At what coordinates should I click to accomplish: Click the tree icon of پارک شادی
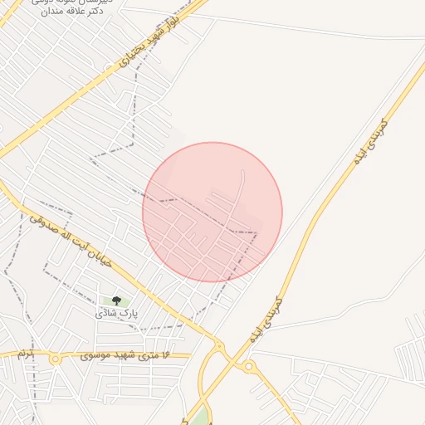[115, 300]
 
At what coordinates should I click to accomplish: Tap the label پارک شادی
[115, 315]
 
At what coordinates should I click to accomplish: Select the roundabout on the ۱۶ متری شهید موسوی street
[55, 359]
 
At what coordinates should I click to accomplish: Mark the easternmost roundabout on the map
[248, 366]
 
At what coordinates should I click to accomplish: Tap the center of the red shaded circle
[212, 212]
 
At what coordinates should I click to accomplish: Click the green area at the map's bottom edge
[199, 414]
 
